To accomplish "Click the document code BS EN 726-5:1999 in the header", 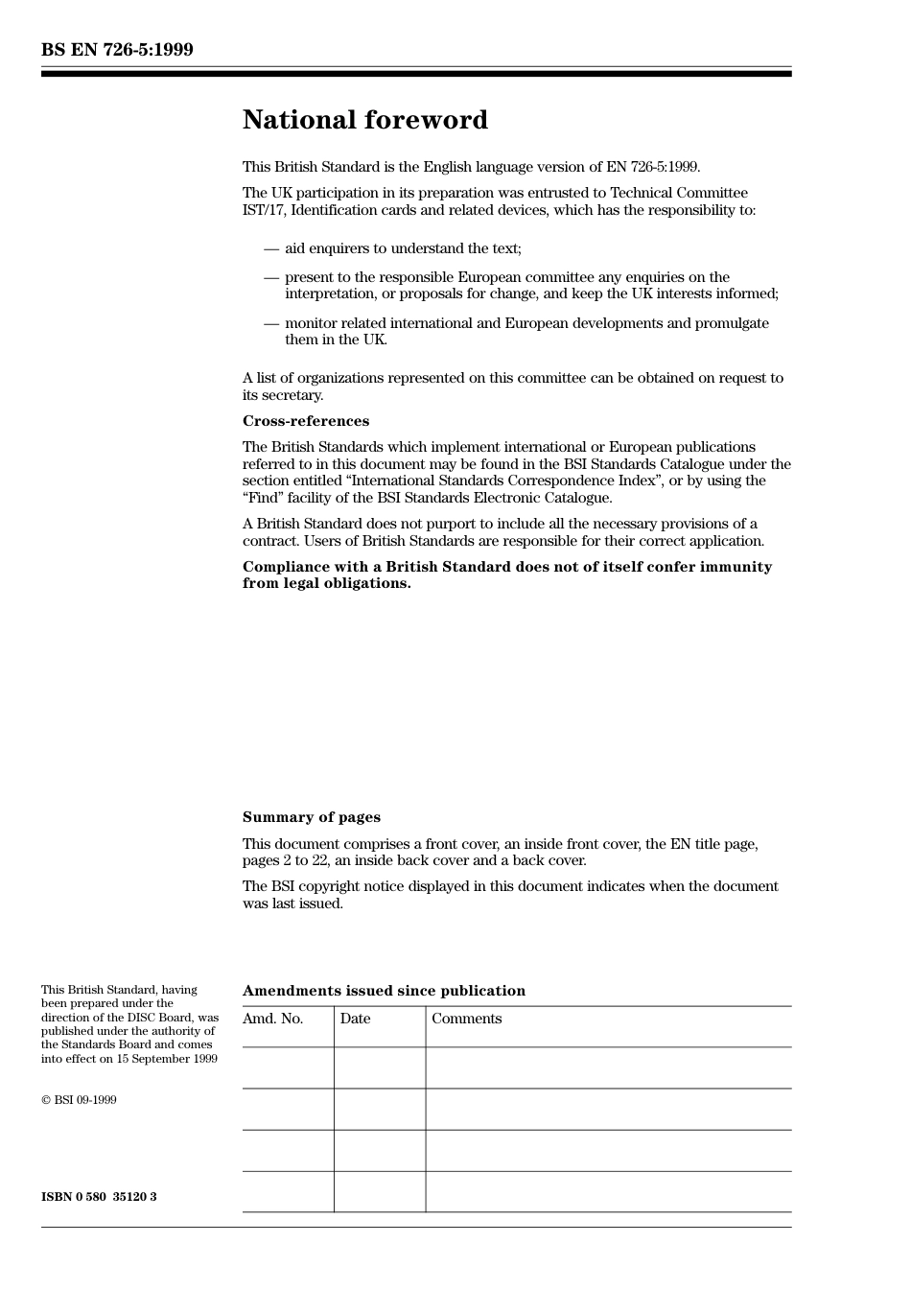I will click(117, 50).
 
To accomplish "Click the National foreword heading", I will click(364, 120).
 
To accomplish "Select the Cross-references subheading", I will click(305, 421).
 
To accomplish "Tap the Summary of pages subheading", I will click(311, 817).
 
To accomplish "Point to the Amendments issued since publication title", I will click(384, 991).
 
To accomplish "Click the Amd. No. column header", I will click(272, 1019).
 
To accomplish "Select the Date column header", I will click(355, 1019).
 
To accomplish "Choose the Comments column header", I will click(466, 1019).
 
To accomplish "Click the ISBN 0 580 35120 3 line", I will click(99, 1197).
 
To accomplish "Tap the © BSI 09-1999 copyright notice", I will click(79, 1100).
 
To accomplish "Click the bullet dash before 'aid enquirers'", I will click(271, 249).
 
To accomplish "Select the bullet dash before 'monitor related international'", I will click(271, 324).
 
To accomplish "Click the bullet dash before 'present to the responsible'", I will click(271, 278).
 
